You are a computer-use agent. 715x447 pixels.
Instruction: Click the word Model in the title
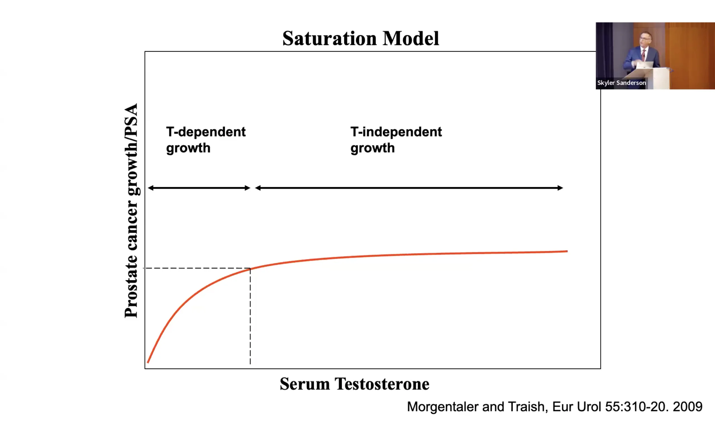click(x=411, y=39)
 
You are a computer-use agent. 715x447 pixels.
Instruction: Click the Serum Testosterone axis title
click(x=354, y=384)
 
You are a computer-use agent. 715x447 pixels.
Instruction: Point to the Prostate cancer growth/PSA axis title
click(x=131, y=210)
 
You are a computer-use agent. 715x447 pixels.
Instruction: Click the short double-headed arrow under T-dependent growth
click(x=199, y=188)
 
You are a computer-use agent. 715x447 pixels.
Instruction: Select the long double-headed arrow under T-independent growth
click(x=409, y=188)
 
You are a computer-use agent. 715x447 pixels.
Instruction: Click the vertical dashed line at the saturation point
click(x=250, y=316)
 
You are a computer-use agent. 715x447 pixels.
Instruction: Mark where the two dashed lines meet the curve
click(x=250, y=268)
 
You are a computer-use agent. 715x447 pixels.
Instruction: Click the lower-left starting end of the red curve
click(x=148, y=362)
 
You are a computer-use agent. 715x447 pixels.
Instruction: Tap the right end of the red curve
click(x=567, y=251)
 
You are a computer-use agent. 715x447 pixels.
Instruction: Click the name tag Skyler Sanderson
click(x=621, y=83)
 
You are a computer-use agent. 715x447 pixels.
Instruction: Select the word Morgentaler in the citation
click(x=443, y=407)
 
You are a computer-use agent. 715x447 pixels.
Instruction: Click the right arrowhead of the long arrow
click(x=560, y=188)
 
